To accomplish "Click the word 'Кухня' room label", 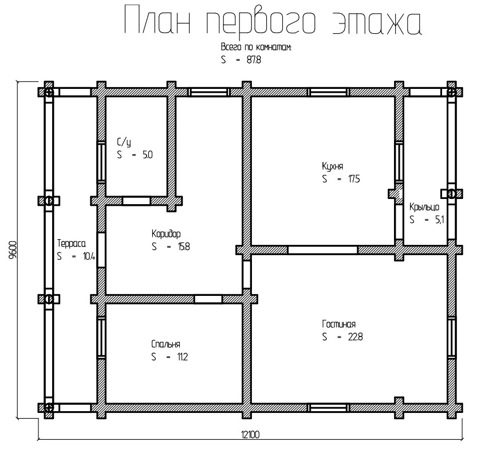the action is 333,166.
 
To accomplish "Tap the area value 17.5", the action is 354,179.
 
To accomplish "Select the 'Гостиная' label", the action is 338,324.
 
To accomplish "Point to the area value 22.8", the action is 355,337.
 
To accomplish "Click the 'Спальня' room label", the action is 166,344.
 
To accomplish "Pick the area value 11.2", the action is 183,357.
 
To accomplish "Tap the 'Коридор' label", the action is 166,234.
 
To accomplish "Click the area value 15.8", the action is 184,247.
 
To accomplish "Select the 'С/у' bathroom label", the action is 124,142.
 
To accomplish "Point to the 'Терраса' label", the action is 72,243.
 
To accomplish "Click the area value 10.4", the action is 89,256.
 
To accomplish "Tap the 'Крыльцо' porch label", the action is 424,207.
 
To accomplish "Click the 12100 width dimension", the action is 250,435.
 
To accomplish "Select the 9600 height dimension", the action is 13,250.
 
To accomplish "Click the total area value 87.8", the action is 254,60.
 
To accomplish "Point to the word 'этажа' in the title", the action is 377,23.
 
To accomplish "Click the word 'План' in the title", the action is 157,20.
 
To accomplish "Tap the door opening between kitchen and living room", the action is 322,250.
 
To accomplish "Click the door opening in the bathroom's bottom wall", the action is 136,201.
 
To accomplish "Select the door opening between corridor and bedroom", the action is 208,299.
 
